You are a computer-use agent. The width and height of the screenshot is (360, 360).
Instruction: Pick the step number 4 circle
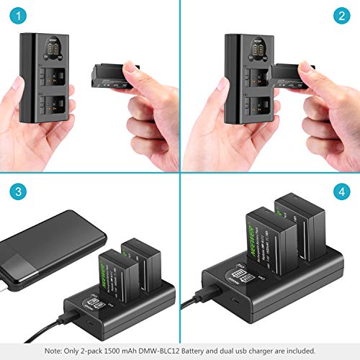(x=341, y=192)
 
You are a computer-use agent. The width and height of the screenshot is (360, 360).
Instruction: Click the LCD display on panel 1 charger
(x=50, y=48)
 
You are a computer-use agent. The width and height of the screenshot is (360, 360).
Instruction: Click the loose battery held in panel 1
(x=109, y=75)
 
